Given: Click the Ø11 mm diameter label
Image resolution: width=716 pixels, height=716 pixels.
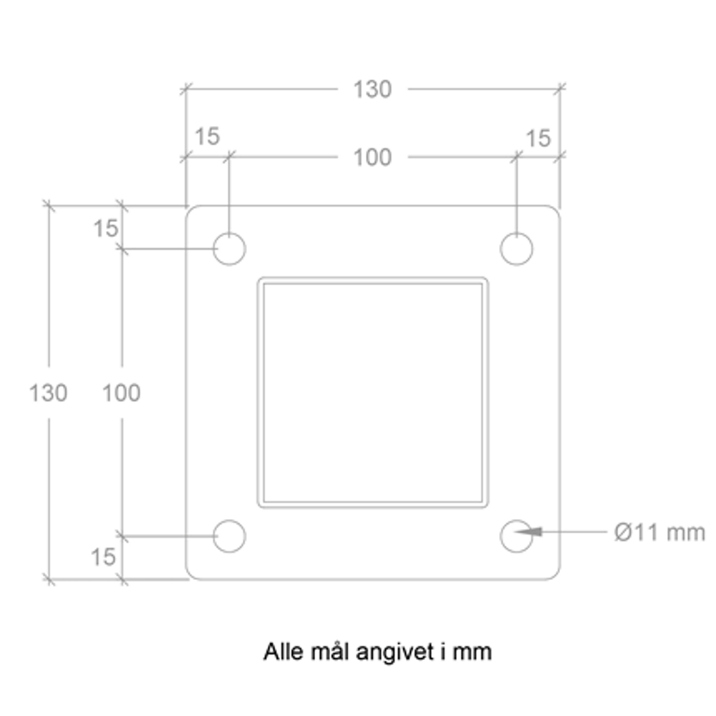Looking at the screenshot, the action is pyautogui.click(x=659, y=533).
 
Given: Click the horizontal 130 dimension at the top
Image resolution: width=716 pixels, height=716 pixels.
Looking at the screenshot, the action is pyautogui.click(x=372, y=89).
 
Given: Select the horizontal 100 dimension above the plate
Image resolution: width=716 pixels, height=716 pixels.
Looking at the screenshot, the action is pyautogui.click(x=372, y=158).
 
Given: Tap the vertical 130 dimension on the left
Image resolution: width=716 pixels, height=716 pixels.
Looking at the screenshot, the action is pyautogui.click(x=49, y=392).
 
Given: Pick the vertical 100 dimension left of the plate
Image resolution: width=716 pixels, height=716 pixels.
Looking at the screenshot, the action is pyautogui.click(x=122, y=392).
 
